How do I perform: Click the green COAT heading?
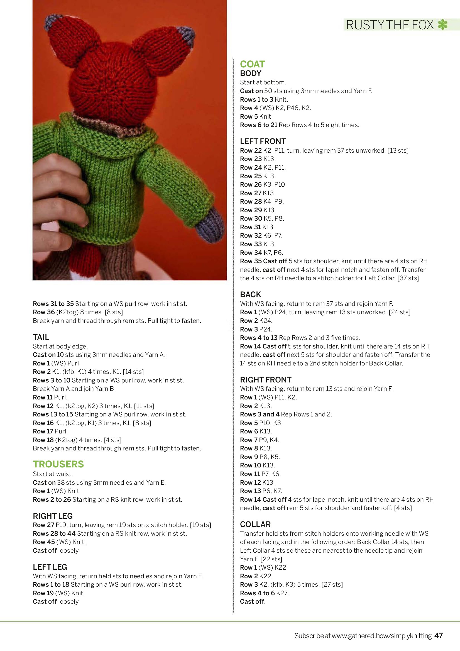click(x=252, y=64)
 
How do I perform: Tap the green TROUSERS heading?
click(x=58, y=464)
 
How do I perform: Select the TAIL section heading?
click(x=41, y=337)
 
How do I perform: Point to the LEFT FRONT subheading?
click(x=263, y=141)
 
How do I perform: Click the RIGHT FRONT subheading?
click(x=266, y=380)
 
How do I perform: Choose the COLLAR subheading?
click(x=255, y=524)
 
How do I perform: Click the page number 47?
click(x=439, y=635)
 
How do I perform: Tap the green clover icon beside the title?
click(x=442, y=25)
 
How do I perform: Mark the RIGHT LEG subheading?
click(x=53, y=516)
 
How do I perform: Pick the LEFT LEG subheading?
click(x=50, y=567)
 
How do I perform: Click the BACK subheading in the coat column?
click(x=250, y=294)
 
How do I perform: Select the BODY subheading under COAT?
click(x=250, y=74)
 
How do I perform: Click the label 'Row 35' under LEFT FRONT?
click(x=251, y=261)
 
